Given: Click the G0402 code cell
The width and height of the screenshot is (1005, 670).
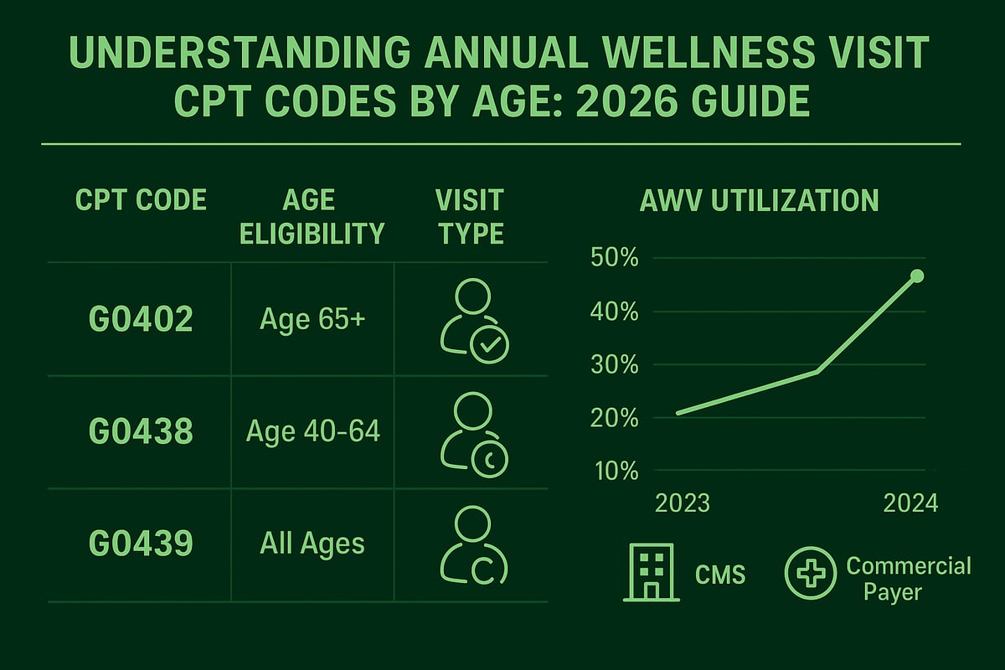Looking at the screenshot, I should click(141, 320).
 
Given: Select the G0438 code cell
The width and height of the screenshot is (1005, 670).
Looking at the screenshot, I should click(141, 431).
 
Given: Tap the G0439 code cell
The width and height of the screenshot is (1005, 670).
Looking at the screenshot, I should click(141, 544).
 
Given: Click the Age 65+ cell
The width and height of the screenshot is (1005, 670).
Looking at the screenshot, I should click(312, 319).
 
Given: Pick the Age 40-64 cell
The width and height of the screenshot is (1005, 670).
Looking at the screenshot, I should click(312, 431).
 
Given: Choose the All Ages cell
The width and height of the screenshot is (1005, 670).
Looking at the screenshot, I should click(312, 544).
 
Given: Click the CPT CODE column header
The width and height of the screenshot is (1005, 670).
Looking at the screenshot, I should click(140, 201).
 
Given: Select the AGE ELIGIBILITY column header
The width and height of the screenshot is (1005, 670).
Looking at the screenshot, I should click(312, 216).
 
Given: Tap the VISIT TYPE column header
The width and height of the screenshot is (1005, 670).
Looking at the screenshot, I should click(469, 216).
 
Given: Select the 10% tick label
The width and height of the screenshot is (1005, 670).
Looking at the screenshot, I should click(616, 471).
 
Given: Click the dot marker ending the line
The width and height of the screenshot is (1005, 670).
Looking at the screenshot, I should click(916, 276).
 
